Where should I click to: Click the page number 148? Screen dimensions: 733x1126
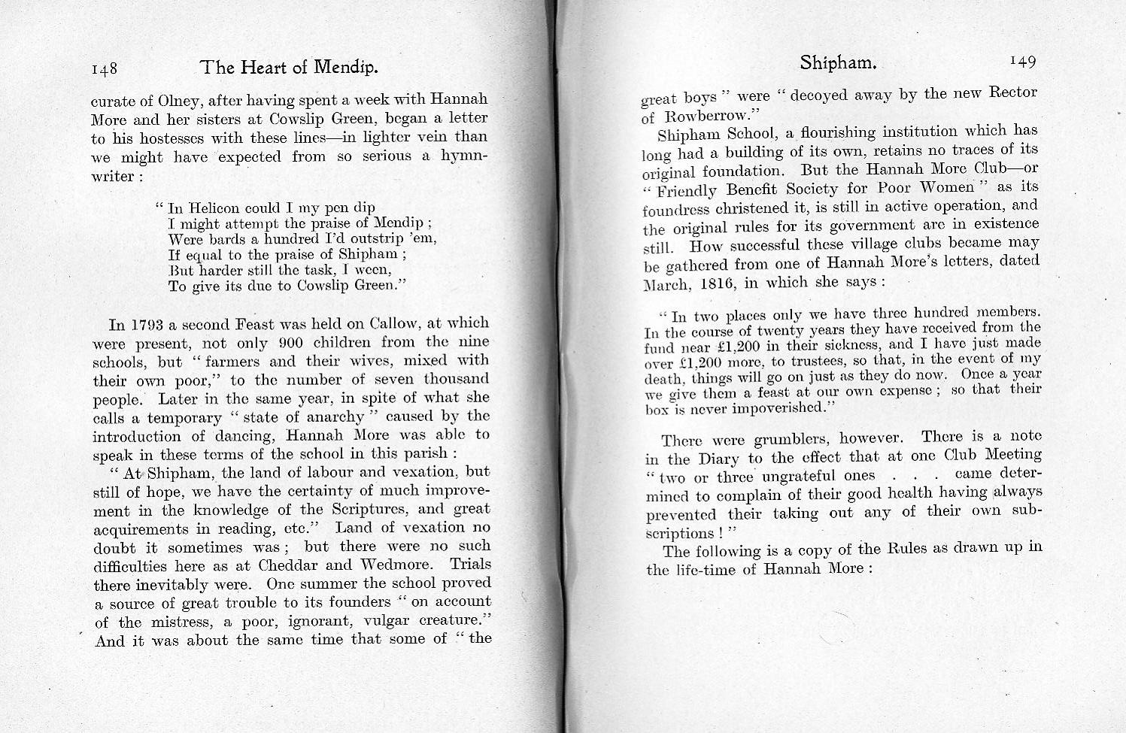pos(105,69)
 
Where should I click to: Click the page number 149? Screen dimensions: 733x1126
pos(1023,61)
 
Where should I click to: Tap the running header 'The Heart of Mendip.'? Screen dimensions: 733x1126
pos(289,68)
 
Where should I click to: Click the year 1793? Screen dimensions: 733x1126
pos(147,325)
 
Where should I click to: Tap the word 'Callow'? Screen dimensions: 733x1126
pos(395,324)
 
